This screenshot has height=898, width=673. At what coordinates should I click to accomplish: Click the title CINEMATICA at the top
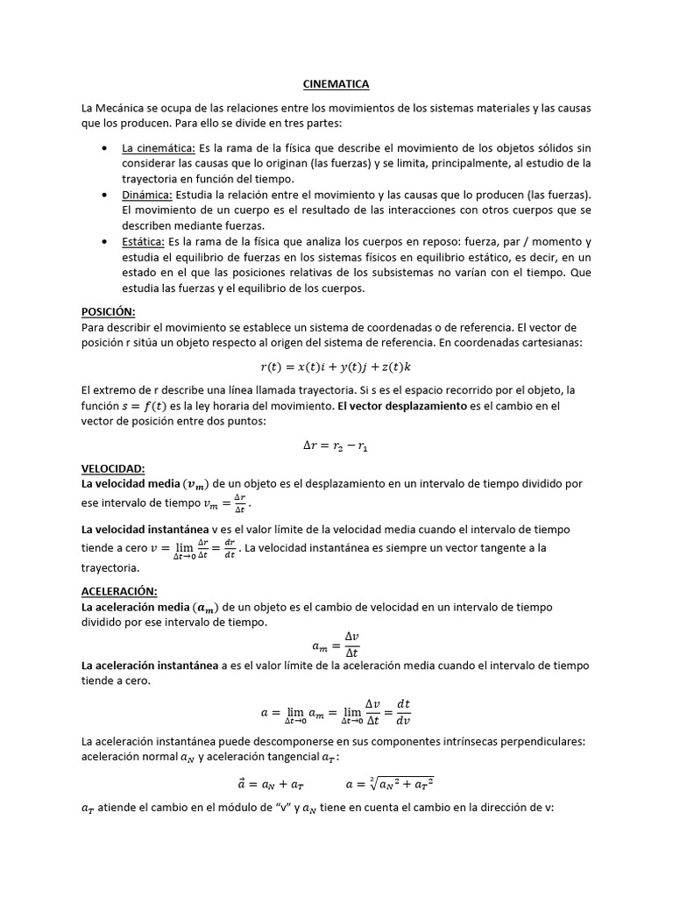pos(336,84)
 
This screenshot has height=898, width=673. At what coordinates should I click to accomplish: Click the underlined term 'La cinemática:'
pos(159,148)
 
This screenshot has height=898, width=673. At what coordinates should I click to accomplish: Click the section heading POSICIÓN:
pos(108,311)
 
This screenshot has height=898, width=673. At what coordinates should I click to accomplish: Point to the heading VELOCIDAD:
pos(113,468)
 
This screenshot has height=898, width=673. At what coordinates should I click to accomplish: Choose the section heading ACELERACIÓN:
pos(119,591)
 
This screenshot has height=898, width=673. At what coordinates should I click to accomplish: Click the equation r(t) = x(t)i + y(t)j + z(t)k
pos(336,366)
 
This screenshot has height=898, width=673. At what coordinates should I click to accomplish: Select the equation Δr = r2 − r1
pos(336,445)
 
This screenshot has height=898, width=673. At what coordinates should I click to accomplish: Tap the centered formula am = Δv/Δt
pos(336,646)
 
